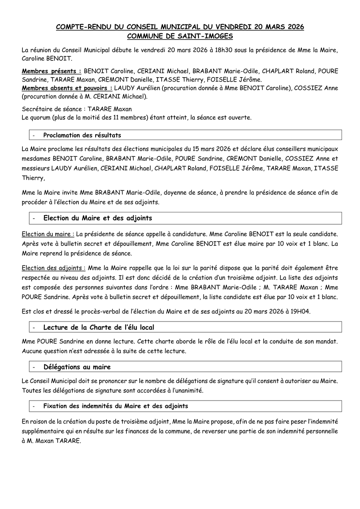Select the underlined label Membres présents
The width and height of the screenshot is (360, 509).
point(52,71)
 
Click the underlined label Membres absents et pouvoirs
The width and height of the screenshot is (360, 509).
point(67,88)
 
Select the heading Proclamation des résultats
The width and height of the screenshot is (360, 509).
point(82,135)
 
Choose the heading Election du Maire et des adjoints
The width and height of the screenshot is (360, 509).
point(98,218)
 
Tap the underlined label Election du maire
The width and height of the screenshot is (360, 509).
point(48,234)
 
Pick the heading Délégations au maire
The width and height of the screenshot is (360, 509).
point(77,367)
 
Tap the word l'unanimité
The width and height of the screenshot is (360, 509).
point(185,391)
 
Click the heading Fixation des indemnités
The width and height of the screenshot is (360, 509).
point(116,406)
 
